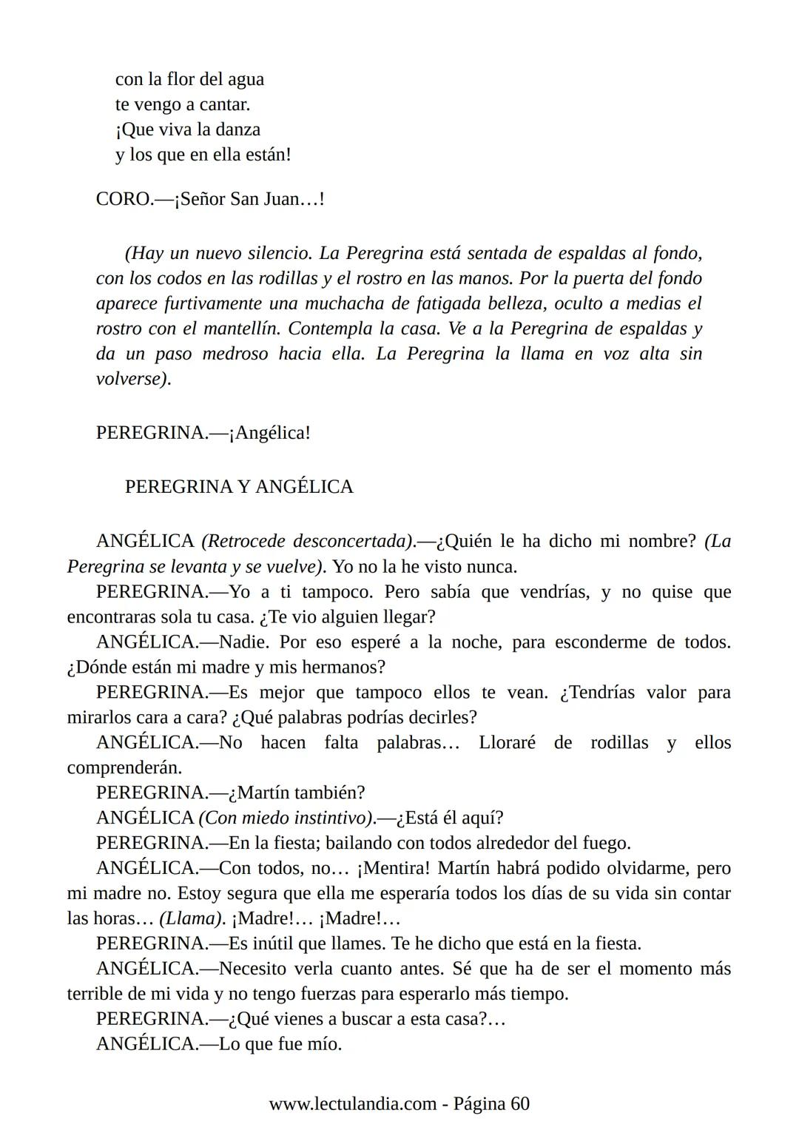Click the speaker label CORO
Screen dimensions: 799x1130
[124, 200]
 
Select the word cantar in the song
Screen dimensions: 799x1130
[224, 104]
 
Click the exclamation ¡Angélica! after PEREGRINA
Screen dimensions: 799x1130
[269, 433]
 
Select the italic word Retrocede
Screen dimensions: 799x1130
[245, 542]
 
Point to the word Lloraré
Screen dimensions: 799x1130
[507, 743]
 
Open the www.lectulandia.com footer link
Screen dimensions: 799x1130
[352, 1104]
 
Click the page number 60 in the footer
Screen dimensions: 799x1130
[519, 1104]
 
